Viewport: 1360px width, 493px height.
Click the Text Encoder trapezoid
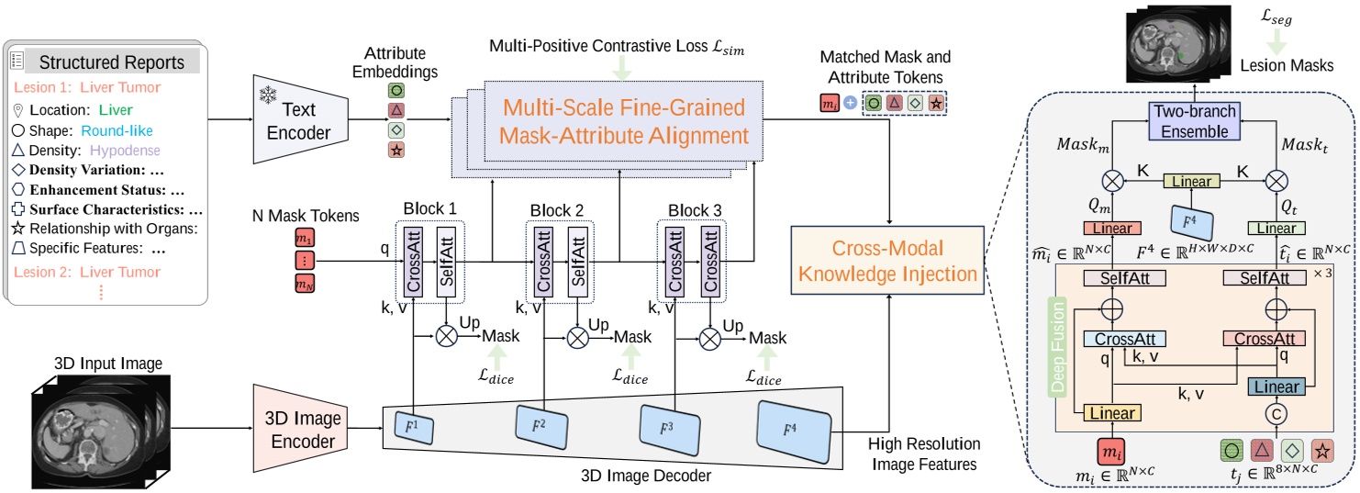(x=300, y=119)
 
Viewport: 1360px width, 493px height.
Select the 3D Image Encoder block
(x=300, y=429)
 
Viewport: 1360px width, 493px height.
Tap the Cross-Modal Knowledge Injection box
(x=887, y=261)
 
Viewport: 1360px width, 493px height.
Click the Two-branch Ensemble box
(x=1194, y=121)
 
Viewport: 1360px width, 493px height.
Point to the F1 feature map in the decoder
(x=414, y=428)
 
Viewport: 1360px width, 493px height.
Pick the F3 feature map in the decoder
(x=669, y=430)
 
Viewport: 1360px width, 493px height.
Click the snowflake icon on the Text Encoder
(x=268, y=95)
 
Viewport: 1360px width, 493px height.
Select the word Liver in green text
(x=116, y=110)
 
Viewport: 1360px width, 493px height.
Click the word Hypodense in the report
(x=125, y=150)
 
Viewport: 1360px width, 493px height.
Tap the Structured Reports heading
(x=112, y=62)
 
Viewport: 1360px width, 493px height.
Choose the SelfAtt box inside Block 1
(x=446, y=263)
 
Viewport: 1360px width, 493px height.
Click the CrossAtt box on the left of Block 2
(x=543, y=263)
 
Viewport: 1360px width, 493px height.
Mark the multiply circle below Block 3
(x=709, y=339)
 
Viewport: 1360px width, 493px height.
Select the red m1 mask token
(x=304, y=238)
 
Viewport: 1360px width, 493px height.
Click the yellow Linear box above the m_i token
(x=1112, y=413)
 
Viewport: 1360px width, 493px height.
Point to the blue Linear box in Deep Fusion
(x=1276, y=387)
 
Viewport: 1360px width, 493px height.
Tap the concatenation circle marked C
(x=1276, y=414)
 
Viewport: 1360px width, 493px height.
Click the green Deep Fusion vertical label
(x=1057, y=347)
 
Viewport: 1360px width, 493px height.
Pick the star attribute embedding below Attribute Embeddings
(x=396, y=150)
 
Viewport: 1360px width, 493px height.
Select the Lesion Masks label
(x=1287, y=65)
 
